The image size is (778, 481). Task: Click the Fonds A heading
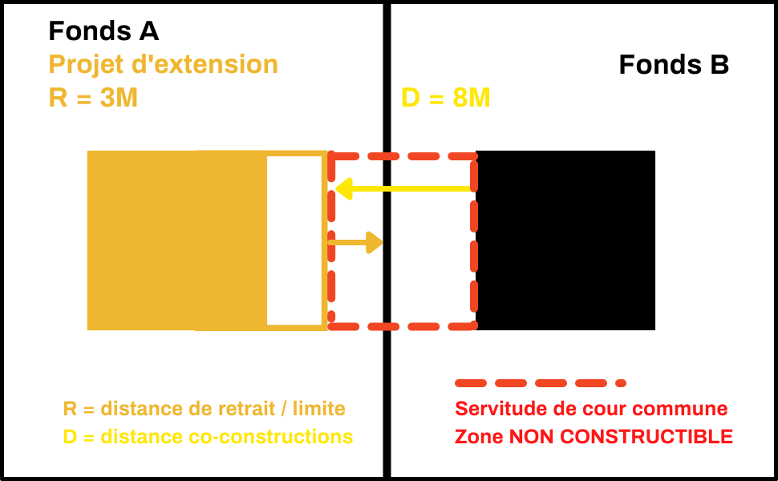103,31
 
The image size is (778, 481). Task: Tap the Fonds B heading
674,65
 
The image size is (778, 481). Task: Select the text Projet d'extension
163,64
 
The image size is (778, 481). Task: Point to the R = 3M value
93,98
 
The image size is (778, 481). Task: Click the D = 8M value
445,98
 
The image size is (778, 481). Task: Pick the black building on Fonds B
565,240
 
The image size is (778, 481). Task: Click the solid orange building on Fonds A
176,240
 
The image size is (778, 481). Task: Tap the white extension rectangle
294,240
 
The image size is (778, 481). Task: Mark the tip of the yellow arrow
338,189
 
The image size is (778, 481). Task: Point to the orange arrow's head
375,242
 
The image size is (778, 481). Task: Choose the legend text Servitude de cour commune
591,409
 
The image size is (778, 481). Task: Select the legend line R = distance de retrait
204,409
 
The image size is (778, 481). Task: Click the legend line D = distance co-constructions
208,437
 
